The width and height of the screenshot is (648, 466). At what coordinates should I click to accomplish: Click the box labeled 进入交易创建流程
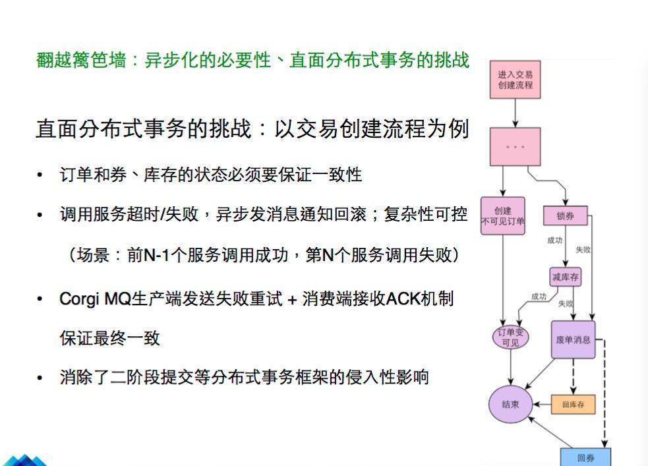515,80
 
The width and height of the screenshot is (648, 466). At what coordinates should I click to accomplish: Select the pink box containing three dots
515,146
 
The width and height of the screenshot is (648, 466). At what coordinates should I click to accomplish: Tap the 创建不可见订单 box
503,216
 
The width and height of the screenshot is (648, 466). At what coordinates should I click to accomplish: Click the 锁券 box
565,216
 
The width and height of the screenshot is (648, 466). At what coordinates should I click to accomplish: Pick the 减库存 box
565,277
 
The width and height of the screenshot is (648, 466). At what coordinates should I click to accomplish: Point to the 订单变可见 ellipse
511,337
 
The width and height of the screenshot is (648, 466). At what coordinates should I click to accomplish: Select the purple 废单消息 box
573,339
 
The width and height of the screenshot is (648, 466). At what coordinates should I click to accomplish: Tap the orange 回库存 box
573,404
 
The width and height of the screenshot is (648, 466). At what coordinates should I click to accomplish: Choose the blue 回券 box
585,457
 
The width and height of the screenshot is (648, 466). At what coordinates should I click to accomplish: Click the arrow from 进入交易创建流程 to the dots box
515,113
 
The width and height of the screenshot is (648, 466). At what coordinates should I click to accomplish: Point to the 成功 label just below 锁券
554,241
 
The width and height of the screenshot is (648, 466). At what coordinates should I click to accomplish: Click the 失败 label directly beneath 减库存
565,303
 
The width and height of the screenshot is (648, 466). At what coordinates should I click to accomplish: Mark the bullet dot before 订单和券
41,175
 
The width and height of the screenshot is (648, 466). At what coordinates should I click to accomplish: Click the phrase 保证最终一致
109,338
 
